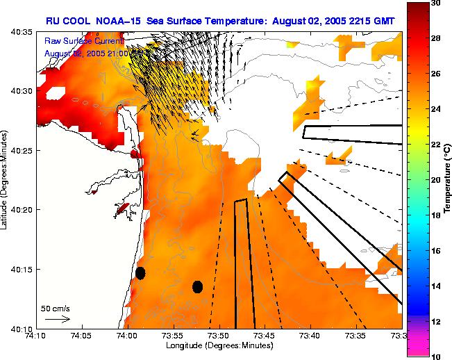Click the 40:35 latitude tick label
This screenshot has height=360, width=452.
(x=23, y=32)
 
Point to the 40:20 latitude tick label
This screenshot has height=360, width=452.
(x=23, y=210)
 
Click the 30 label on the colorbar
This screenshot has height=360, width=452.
(x=435, y=3)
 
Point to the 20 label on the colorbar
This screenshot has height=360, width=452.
(x=435, y=180)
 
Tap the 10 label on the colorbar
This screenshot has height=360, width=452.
(x=435, y=356)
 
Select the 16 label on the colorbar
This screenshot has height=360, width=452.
(x=435, y=251)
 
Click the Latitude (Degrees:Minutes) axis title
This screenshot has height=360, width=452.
(x=5, y=180)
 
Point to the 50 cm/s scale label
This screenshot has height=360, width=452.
(x=56, y=308)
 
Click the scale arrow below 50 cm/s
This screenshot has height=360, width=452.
(x=58, y=319)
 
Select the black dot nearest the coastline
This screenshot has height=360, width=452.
(x=140, y=273)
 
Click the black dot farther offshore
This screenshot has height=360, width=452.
(x=197, y=286)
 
